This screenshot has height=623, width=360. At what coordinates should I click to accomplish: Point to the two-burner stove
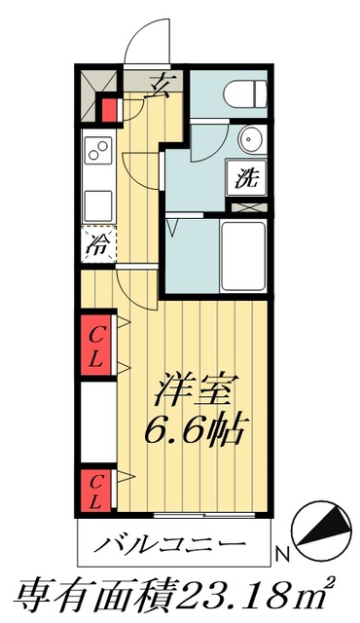98,152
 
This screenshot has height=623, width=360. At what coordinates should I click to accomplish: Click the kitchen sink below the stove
98,205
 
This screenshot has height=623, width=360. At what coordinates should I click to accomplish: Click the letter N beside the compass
282,555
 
